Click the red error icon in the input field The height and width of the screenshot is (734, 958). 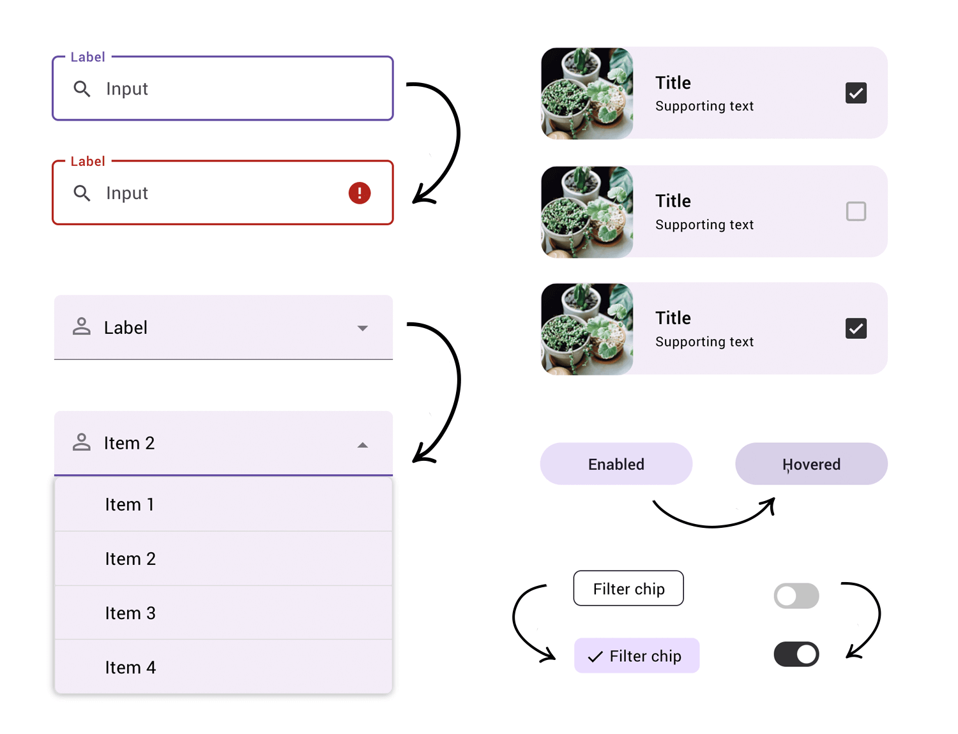click(x=360, y=193)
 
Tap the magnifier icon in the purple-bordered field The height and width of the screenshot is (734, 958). click(x=82, y=89)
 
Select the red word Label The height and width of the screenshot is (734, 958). click(x=87, y=161)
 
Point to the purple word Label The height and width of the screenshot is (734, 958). click(x=87, y=57)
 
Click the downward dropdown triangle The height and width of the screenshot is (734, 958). click(x=362, y=328)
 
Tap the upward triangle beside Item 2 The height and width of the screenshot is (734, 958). click(x=362, y=445)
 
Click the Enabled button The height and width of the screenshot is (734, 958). click(x=616, y=464)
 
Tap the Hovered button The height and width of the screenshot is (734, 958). click(x=811, y=464)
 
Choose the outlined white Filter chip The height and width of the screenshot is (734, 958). click(x=628, y=588)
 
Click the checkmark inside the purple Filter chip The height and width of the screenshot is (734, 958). click(x=595, y=657)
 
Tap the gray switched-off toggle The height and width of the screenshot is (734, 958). click(x=796, y=596)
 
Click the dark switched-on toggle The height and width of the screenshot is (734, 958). click(x=796, y=654)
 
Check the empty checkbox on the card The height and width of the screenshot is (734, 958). click(x=856, y=211)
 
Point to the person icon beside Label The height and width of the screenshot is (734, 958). click(x=82, y=327)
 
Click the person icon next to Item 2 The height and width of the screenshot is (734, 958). click(x=82, y=442)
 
